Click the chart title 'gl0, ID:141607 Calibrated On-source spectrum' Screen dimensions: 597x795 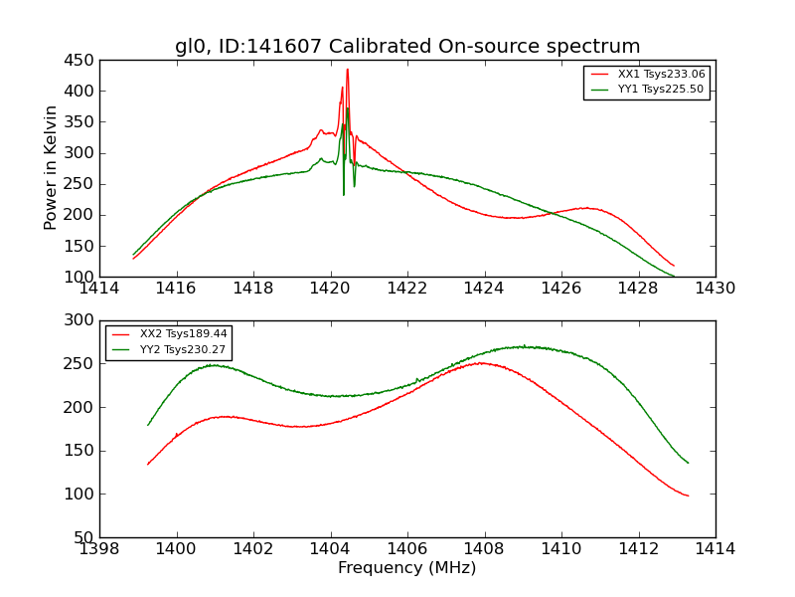[x=407, y=47]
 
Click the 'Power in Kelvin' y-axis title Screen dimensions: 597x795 [x=52, y=168]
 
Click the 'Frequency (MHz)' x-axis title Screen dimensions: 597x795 [x=406, y=568]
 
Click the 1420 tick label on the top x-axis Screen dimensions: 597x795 [x=330, y=288]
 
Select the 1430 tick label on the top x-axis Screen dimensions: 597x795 [x=715, y=288]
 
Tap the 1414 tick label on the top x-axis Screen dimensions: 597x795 [x=99, y=288]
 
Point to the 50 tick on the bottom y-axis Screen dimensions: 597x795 [x=85, y=537]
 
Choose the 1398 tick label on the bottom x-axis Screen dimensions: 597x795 [x=99, y=548]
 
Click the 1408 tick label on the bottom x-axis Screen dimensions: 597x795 [x=484, y=548]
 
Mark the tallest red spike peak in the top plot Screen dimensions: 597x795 [x=347, y=69]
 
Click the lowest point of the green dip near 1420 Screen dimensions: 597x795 [x=344, y=194]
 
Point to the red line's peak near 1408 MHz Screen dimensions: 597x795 [x=482, y=362]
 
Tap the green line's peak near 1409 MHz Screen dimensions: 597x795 [x=523, y=346]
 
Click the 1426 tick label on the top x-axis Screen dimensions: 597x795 [x=560, y=288]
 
